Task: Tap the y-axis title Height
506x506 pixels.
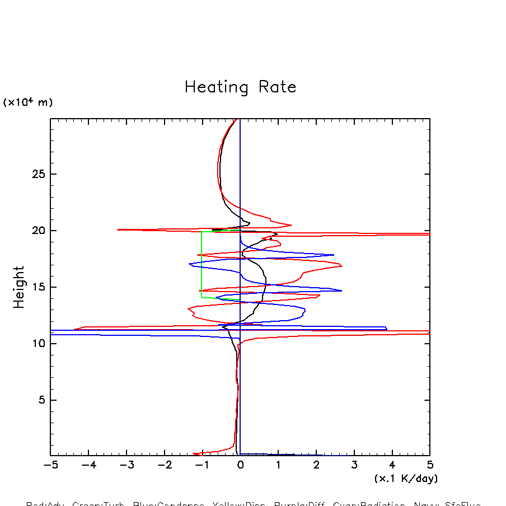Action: [x=19, y=287]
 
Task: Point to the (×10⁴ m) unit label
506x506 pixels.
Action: [x=28, y=102]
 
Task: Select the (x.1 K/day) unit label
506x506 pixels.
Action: [x=406, y=479]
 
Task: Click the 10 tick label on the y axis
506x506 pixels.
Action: [x=36, y=344]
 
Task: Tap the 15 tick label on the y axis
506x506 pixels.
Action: [x=36, y=287]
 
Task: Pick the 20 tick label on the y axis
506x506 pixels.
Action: [x=36, y=231]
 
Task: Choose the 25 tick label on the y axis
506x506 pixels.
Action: [x=36, y=174]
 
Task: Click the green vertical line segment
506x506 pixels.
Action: [x=202, y=263]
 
